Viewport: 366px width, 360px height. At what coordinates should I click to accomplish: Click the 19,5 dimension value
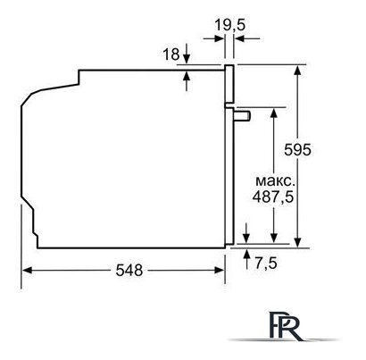(x=229, y=25)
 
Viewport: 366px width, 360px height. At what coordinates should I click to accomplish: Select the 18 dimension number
(x=171, y=54)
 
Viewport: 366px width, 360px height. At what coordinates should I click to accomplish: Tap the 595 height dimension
(x=297, y=149)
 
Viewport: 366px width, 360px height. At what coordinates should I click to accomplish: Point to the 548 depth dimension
(x=129, y=270)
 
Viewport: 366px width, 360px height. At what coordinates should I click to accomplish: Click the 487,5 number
(x=273, y=197)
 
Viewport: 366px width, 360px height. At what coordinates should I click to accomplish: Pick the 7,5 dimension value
(x=266, y=263)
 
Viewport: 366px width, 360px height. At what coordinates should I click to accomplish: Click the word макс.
(x=273, y=180)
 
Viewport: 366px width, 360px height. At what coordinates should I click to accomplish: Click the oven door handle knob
(x=243, y=115)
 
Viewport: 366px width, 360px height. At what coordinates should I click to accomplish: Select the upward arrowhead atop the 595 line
(x=298, y=71)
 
